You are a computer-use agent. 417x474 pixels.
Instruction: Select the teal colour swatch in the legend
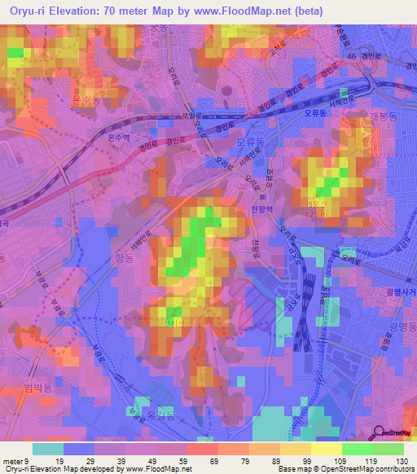(48, 449)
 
